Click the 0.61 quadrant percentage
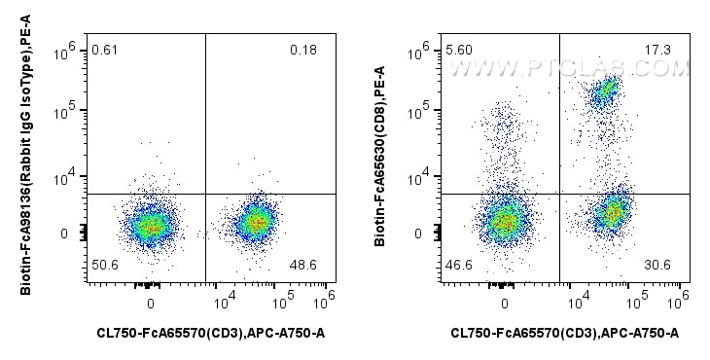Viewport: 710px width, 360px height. pyautogui.click(x=102, y=49)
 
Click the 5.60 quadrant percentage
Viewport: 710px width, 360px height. pyautogui.click(x=457, y=49)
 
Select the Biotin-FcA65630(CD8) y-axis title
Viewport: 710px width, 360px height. pyautogui.click(x=380, y=162)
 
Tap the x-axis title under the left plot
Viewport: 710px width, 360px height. pyautogui.click(x=210, y=334)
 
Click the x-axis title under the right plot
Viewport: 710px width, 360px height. pyautogui.click(x=564, y=334)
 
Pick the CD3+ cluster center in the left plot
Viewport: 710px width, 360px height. pyautogui.click(x=256, y=222)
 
